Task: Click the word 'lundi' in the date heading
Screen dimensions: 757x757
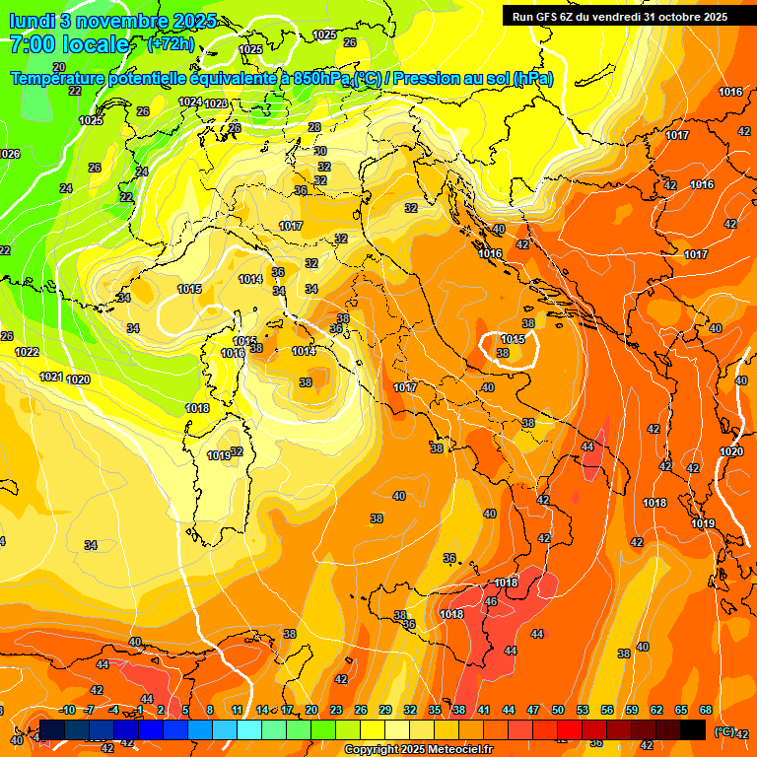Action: click(31, 20)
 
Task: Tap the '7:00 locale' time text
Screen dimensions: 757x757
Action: click(69, 44)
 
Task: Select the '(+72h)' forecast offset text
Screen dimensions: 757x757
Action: click(171, 43)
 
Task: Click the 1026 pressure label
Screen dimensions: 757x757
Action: click(9, 154)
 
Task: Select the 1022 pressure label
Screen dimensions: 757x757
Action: click(27, 352)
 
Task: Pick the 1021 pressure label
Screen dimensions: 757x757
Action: click(51, 377)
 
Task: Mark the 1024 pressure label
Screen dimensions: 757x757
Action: click(190, 102)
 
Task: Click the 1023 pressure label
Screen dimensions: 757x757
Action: click(216, 103)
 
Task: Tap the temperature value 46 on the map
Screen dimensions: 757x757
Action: click(491, 601)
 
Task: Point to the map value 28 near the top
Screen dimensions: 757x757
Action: click(314, 127)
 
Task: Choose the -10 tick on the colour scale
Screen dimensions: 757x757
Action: click(67, 710)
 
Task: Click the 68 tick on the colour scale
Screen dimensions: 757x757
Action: click(706, 710)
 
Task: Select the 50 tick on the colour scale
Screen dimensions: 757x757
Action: click(558, 710)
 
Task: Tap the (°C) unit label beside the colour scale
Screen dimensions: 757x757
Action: click(724, 731)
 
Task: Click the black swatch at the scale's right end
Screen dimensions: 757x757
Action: click(693, 729)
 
